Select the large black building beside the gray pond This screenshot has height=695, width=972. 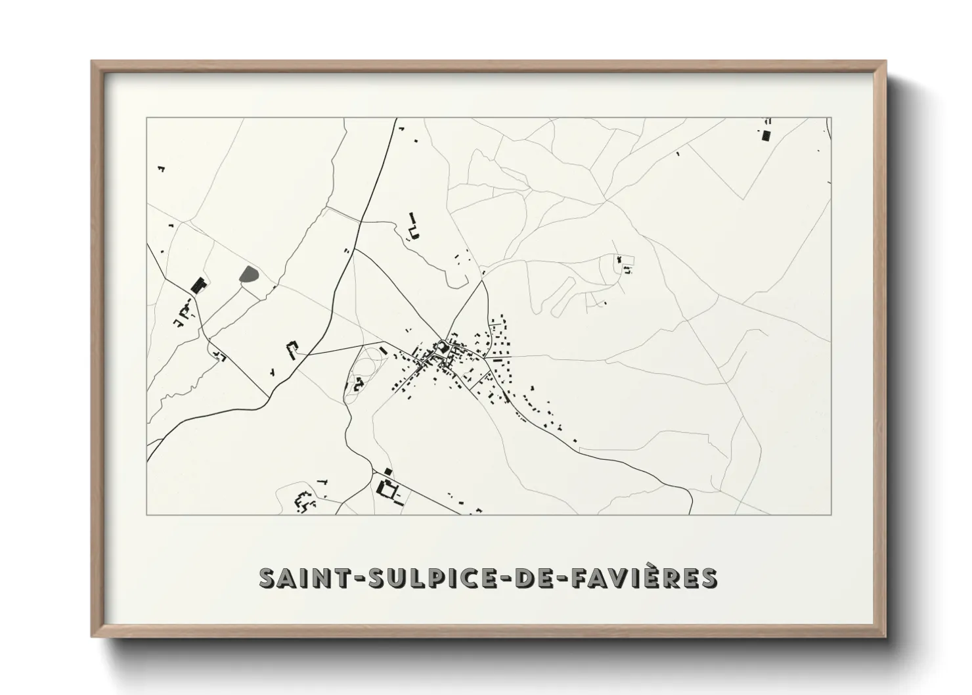click(x=198, y=286)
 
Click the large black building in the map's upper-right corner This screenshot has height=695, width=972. click(x=765, y=135)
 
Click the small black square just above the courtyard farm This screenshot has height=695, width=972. click(x=387, y=472)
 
